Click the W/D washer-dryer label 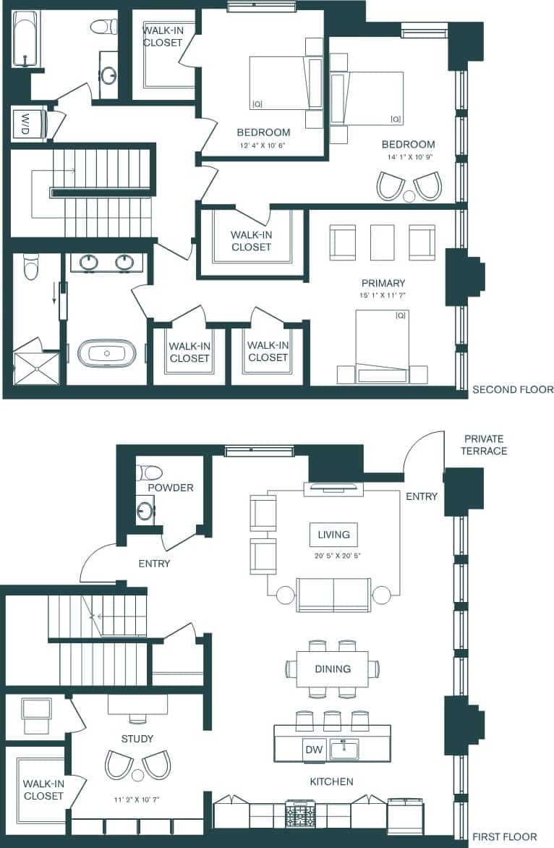point(26,123)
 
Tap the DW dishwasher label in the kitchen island point(314,750)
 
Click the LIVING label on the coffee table point(333,535)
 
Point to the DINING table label point(333,669)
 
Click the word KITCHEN point(331,781)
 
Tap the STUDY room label point(137,739)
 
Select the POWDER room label point(171,488)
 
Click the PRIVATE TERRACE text point(485,445)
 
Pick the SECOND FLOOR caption point(513,389)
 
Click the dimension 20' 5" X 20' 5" point(333,556)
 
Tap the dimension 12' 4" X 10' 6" point(263,145)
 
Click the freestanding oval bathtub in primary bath point(106,353)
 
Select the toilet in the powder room point(150,472)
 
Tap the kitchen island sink point(344,750)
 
